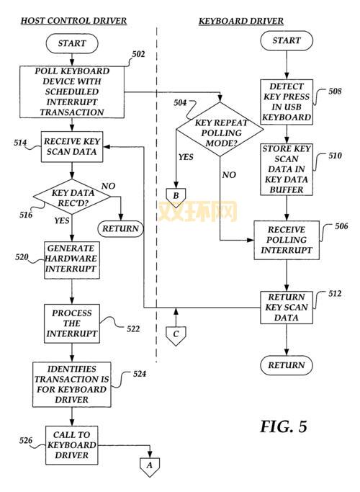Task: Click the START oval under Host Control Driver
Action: (x=71, y=43)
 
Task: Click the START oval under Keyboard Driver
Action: (x=287, y=40)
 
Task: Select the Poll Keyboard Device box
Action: (x=71, y=91)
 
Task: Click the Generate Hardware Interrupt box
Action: (x=71, y=259)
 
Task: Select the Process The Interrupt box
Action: (x=71, y=323)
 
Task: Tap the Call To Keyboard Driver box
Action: (x=71, y=444)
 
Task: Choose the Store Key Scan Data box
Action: (x=287, y=169)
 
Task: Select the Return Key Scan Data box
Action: (x=287, y=306)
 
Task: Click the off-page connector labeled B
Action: (x=174, y=194)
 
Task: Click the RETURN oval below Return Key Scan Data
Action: (x=287, y=365)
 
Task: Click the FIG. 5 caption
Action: (x=283, y=426)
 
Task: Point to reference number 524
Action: (x=140, y=374)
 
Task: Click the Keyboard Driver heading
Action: (x=240, y=21)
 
